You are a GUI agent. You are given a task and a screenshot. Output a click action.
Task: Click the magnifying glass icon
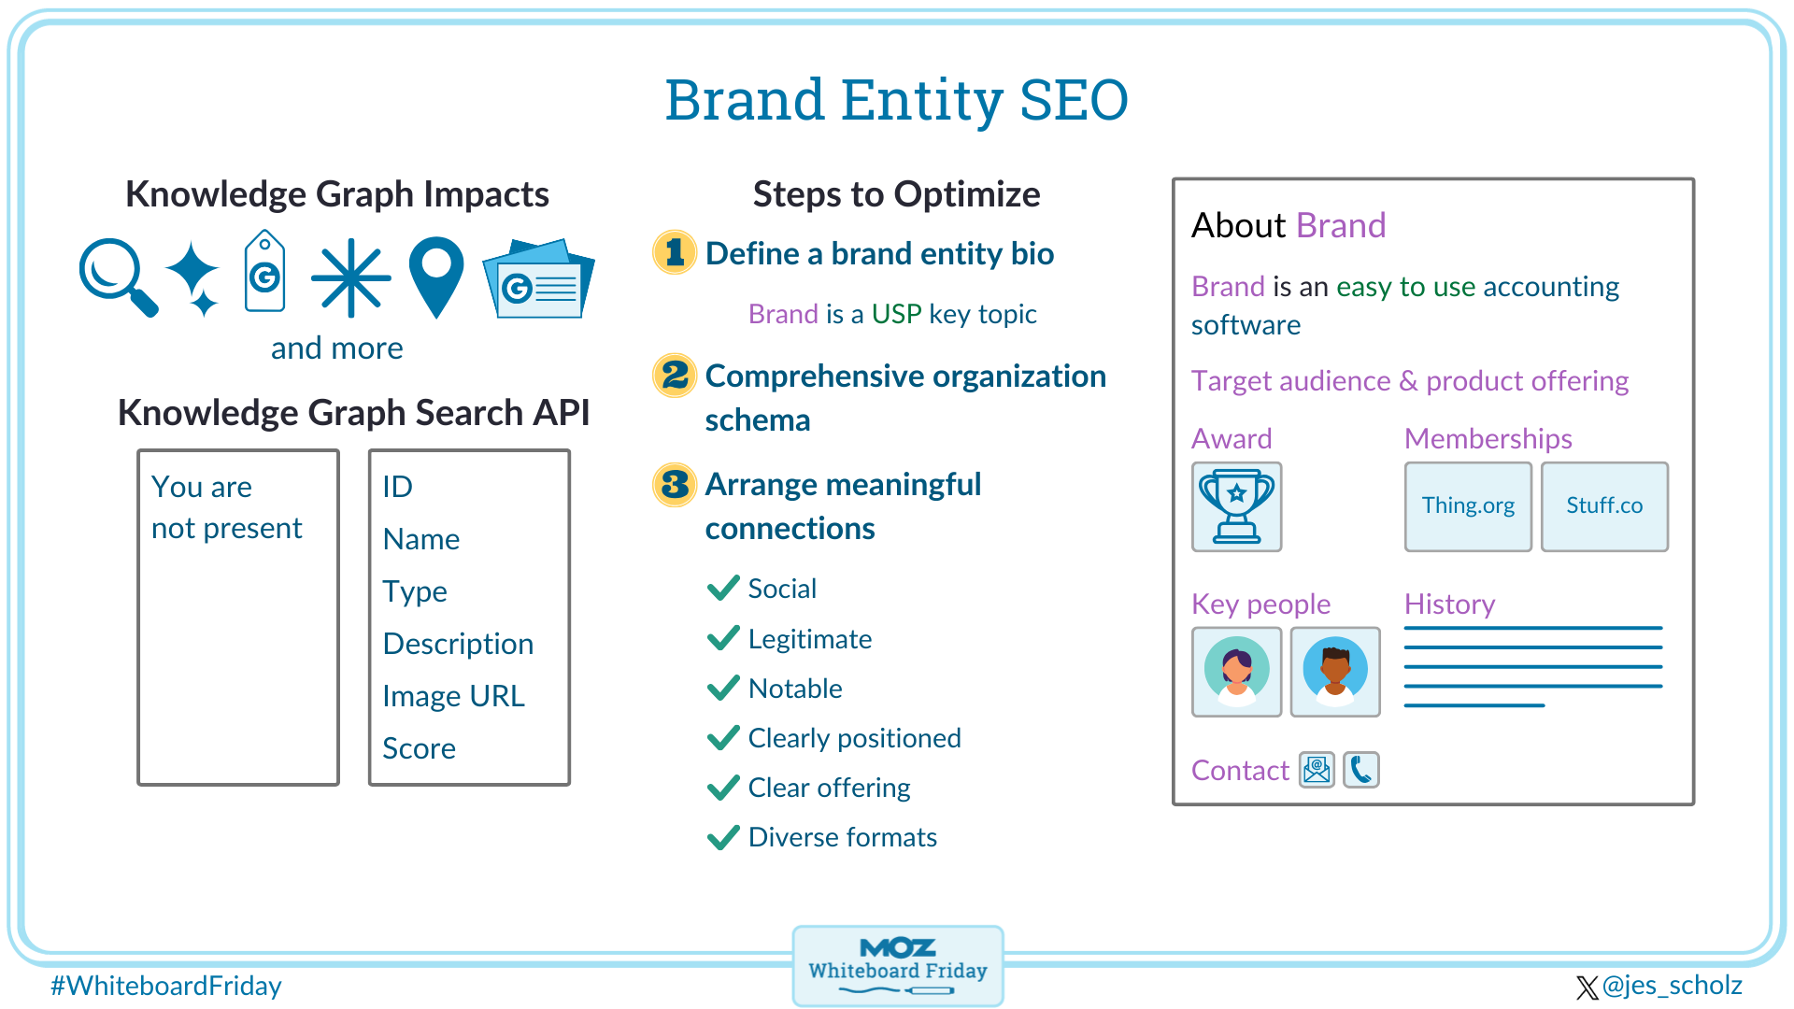coord(116,277)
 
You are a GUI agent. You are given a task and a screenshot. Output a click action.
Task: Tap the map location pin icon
coord(436,275)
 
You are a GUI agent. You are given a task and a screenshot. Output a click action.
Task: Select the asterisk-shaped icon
coord(350,277)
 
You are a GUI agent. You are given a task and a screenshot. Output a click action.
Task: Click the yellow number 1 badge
coord(675,252)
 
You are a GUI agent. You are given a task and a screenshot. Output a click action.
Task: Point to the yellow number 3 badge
coord(675,484)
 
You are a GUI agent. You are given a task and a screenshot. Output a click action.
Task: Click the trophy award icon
coord(1236,506)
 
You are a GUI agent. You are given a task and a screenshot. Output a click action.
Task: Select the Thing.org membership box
coord(1468,506)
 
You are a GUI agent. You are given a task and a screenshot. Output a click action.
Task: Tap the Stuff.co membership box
coord(1604,506)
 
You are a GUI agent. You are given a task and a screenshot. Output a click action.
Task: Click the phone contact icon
coord(1361,770)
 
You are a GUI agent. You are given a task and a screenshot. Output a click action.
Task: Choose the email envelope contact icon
coord(1317,770)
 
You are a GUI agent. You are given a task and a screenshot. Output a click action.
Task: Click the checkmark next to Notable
coord(723,689)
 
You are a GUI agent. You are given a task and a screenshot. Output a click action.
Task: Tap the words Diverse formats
coord(842,837)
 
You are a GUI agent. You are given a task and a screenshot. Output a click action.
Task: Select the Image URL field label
coord(453,696)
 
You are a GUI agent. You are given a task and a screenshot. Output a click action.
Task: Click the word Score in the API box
coord(419,748)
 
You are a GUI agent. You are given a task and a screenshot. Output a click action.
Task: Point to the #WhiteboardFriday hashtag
coord(165,986)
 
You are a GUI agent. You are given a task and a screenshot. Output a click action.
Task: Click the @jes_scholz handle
coord(1671,986)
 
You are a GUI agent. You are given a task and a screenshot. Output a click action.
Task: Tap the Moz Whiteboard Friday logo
coord(897,965)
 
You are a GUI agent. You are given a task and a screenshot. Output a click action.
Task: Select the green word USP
coord(896,314)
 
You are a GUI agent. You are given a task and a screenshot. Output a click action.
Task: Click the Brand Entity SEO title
coord(896,100)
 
